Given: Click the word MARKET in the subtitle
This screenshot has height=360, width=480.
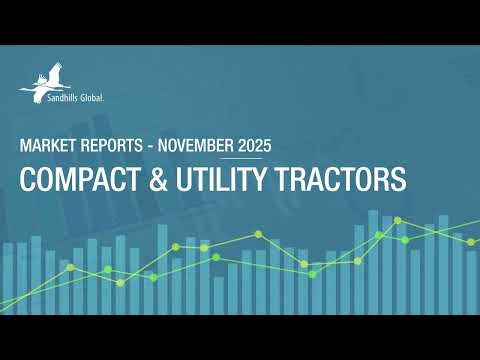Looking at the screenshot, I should [47, 145].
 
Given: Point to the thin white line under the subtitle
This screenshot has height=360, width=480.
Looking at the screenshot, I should [240, 158].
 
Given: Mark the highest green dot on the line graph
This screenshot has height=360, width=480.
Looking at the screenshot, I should [398, 219].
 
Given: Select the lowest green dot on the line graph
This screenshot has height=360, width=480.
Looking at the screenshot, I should [120, 282].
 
